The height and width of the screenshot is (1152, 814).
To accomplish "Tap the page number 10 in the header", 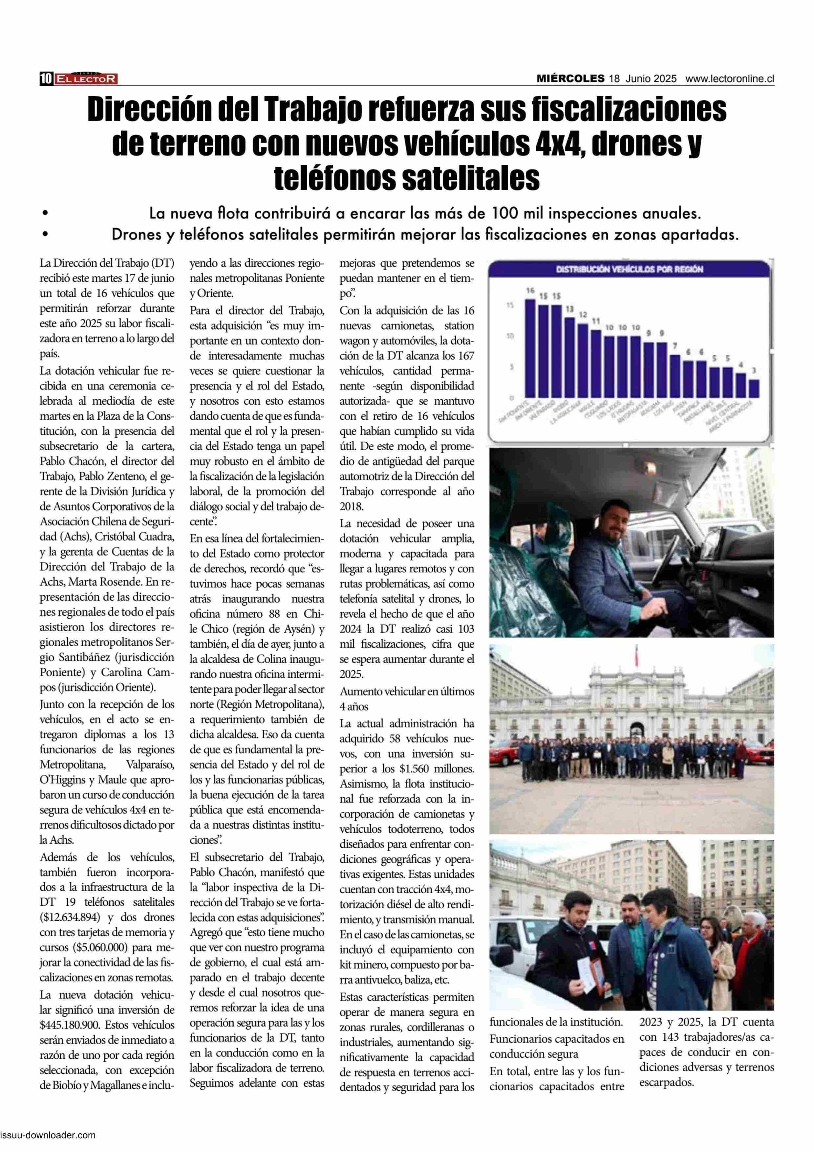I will pos(46,79).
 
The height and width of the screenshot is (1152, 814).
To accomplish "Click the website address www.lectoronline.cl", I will pos(730,79).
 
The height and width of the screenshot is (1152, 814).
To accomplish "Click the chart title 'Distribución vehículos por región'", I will pos(630,269).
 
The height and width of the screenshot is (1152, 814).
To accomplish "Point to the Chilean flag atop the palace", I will pos(637,651).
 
